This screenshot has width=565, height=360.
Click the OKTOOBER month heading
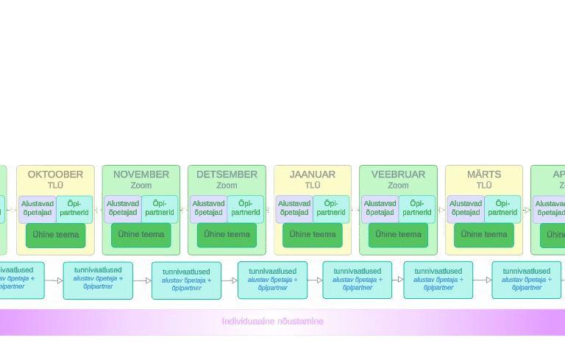pyautogui.click(x=55, y=174)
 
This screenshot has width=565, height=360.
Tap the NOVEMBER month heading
pyautogui.click(x=141, y=174)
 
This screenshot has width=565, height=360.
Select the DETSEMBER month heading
pyautogui.click(x=227, y=174)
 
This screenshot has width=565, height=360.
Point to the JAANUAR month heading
pyautogui.click(x=313, y=174)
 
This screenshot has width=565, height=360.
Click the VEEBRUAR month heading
pyautogui.click(x=398, y=174)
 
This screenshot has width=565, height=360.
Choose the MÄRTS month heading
pyautogui.click(x=484, y=174)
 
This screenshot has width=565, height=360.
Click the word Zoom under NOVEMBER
pyautogui.click(x=141, y=186)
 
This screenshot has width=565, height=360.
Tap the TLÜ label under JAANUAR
pyautogui.click(x=313, y=186)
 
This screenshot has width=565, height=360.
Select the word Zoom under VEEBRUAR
pyautogui.click(x=398, y=186)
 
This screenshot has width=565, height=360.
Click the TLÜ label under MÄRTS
pyautogui.click(x=484, y=186)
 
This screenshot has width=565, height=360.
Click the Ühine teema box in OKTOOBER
pyautogui.click(x=56, y=235)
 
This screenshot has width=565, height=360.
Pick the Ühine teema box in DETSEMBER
pyautogui.click(x=227, y=235)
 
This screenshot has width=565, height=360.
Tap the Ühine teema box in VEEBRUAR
pyautogui.click(x=398, y=235)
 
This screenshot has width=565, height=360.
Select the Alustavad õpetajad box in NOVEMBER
pyautogui.click(x=123, y=208)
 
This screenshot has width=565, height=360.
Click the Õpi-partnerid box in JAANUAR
pyautogui.click(x=330, y=208)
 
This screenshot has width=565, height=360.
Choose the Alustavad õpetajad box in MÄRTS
pyautogui.click(x=466, y=208)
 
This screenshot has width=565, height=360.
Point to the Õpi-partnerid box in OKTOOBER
pyautogui.click(x=74, y=208)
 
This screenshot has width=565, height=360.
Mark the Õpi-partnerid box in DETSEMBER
pyautogui.click(x=245, y=208)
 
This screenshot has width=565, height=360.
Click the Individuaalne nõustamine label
pyautogui.click(x=273, y=322)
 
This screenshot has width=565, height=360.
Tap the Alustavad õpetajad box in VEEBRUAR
pyautogui.click(x=380, y=208)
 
